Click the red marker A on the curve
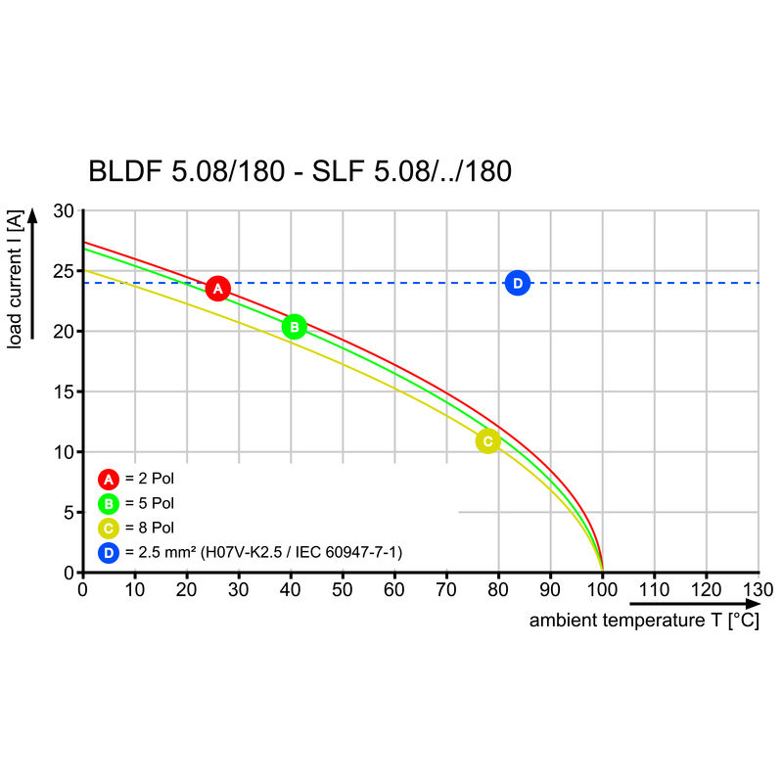coord(218,288)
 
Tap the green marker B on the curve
coord(294,326)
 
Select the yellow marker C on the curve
coord(487,441)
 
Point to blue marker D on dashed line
coord(518,284)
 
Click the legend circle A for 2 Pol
coord(108,479)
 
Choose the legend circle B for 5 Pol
coord(108,503)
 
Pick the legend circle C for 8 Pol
coord(108,529)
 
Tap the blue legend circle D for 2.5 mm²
coord(108,553)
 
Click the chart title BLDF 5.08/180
coord(299,171)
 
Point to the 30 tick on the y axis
coord(64,210)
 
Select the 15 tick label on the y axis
coord(64,391)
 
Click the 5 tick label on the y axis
coord(69,512)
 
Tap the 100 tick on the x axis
coord(602,590)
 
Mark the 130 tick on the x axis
coord(758,590)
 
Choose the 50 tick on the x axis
coord(342,590)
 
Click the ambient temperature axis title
coord(644,622)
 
